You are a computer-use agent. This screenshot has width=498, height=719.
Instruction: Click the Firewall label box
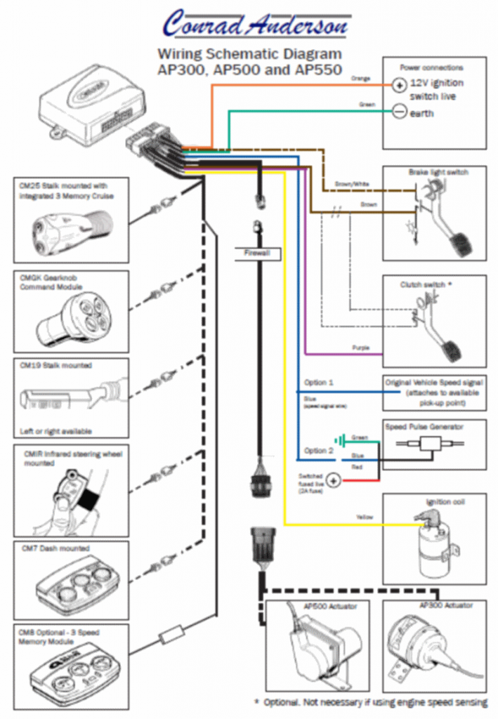(258, 253)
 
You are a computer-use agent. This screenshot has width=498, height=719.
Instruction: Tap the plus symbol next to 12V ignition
(398, 84)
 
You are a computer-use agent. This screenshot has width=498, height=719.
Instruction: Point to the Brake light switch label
(438, 172)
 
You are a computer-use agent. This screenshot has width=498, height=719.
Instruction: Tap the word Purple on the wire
(360, 348)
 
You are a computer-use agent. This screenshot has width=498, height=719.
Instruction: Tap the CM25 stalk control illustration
(70, 229)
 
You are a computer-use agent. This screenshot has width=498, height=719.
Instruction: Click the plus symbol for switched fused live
(333, 481)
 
